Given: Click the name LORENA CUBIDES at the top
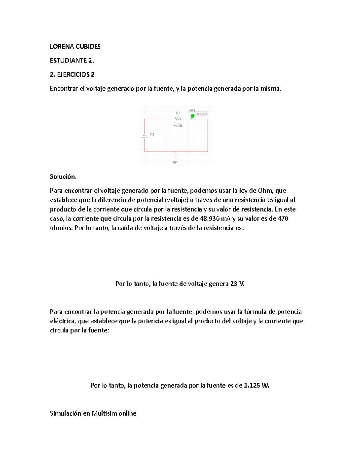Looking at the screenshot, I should coord(75,47).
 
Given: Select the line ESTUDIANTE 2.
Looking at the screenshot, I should coord(72,60).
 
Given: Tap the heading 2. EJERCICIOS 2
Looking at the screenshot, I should coord(72,74).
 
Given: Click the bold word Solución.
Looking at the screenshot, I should coord(63,177).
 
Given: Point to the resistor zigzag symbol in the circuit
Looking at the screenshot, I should coord(178,119).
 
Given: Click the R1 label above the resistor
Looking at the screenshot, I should coord(178,113).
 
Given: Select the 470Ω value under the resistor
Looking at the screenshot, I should coord(178,125).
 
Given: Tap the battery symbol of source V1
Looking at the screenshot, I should coord(144,135).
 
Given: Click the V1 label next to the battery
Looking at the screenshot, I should coord(152,134).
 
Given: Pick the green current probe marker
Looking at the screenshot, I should coord(193,116).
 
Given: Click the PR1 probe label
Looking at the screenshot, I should coord(192,110).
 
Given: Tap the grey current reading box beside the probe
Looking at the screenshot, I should coord(202,114).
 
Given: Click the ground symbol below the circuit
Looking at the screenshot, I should coord(175,162).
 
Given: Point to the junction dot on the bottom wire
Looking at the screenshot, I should coord(175,152).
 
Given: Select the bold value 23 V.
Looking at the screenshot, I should coord(237,284).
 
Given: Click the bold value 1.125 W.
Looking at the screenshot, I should coord(256,386).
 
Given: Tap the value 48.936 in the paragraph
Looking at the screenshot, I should coord(209,218).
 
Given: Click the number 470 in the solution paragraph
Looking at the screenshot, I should coord(283,218).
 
